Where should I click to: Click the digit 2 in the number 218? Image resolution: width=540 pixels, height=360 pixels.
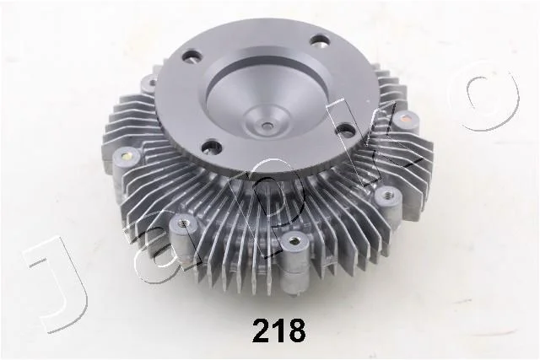click(x=262, y=330)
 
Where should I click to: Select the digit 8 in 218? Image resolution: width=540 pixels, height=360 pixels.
click(x=296, y=330)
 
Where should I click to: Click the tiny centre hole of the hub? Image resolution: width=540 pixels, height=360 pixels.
click(x=267, y=126)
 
